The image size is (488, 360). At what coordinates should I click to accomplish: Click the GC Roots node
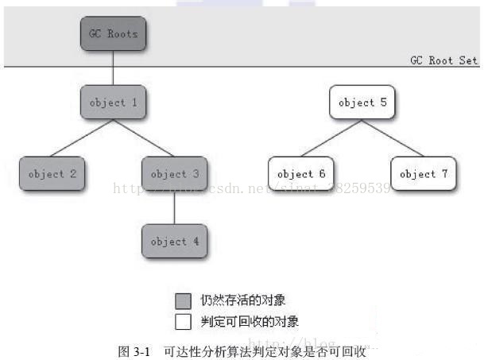pos(114,34)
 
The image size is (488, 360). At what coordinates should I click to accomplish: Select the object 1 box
pos(114,103)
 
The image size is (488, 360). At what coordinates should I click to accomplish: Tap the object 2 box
pos(52,174)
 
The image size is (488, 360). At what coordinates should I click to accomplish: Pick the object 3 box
pos(174,174)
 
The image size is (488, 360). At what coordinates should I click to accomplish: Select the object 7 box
pos(423,174)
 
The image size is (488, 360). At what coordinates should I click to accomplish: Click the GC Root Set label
pos(443,60)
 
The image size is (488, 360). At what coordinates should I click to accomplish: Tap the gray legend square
pos(184,300)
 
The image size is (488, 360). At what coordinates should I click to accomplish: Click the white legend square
pos(184,321)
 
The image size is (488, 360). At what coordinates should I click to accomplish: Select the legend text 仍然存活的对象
pos(243,300)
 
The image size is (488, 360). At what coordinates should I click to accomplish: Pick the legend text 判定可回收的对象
pos(250,321)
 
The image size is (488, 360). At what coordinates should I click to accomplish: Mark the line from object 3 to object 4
pos(174,208)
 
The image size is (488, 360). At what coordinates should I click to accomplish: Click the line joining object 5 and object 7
pos(393,139)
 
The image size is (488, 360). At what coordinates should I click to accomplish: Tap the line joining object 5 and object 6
pos(331,139)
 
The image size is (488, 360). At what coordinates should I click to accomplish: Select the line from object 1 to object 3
pos(144,139)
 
